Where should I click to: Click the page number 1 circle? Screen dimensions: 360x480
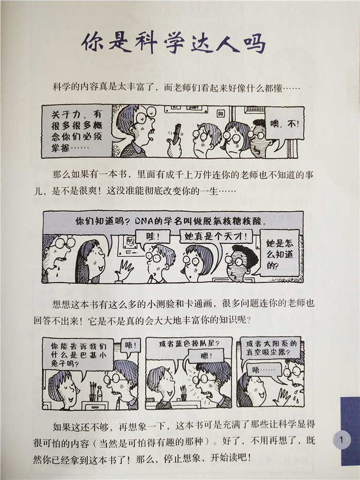point(341,440)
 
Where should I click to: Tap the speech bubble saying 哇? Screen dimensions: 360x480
point(152,237)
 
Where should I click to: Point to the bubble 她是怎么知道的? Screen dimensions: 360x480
point(279,254)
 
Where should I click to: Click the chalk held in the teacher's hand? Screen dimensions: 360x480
point(176,133)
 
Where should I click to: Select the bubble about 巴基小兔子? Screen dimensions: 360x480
point(78,354)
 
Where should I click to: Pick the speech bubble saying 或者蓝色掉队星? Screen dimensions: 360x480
point(189,344)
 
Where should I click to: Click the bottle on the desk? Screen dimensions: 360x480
point(99,394)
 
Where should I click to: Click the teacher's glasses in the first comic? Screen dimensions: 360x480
point(145,115)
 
